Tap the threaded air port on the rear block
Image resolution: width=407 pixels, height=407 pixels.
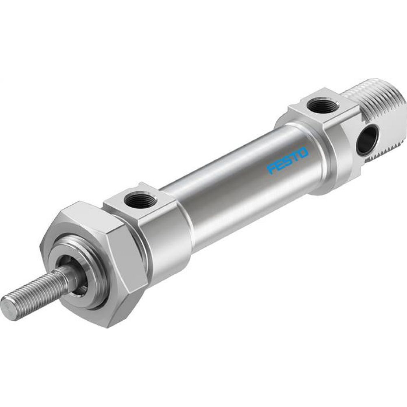(x=322, y=107)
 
